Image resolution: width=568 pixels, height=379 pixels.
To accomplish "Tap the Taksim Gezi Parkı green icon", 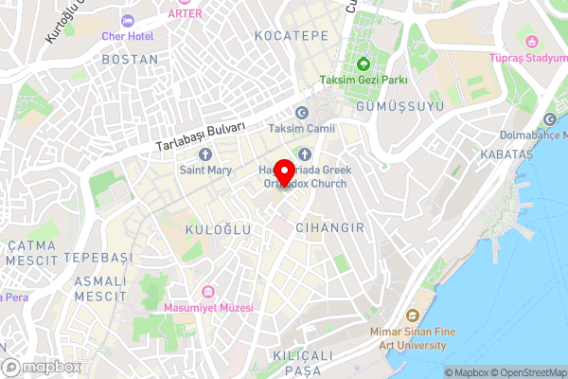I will (x=363, y=64).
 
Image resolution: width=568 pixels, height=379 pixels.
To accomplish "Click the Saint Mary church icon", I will (x=205, y=154).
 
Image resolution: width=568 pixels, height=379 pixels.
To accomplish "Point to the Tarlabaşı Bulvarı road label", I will (x=203, y=136).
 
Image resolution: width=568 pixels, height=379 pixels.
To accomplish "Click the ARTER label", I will (x=185, y=13).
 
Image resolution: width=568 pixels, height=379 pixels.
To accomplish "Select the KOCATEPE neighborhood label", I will (x=292, y=35).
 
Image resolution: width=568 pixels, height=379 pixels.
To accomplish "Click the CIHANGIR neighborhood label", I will (x=329, y=228).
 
